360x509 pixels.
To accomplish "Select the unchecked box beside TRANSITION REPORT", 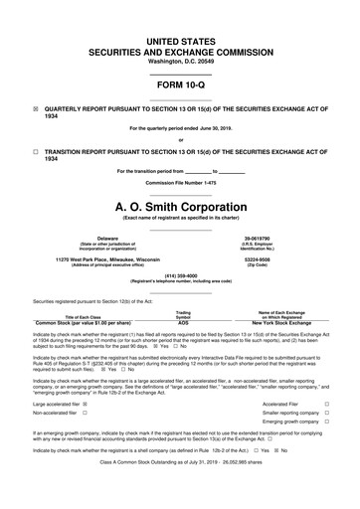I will [x=36, y=151].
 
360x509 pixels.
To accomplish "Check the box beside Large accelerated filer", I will [x=87, y=405].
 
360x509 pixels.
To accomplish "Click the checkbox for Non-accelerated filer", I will [x=86, y=414].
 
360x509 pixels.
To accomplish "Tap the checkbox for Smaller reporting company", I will [x=327, y=414].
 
